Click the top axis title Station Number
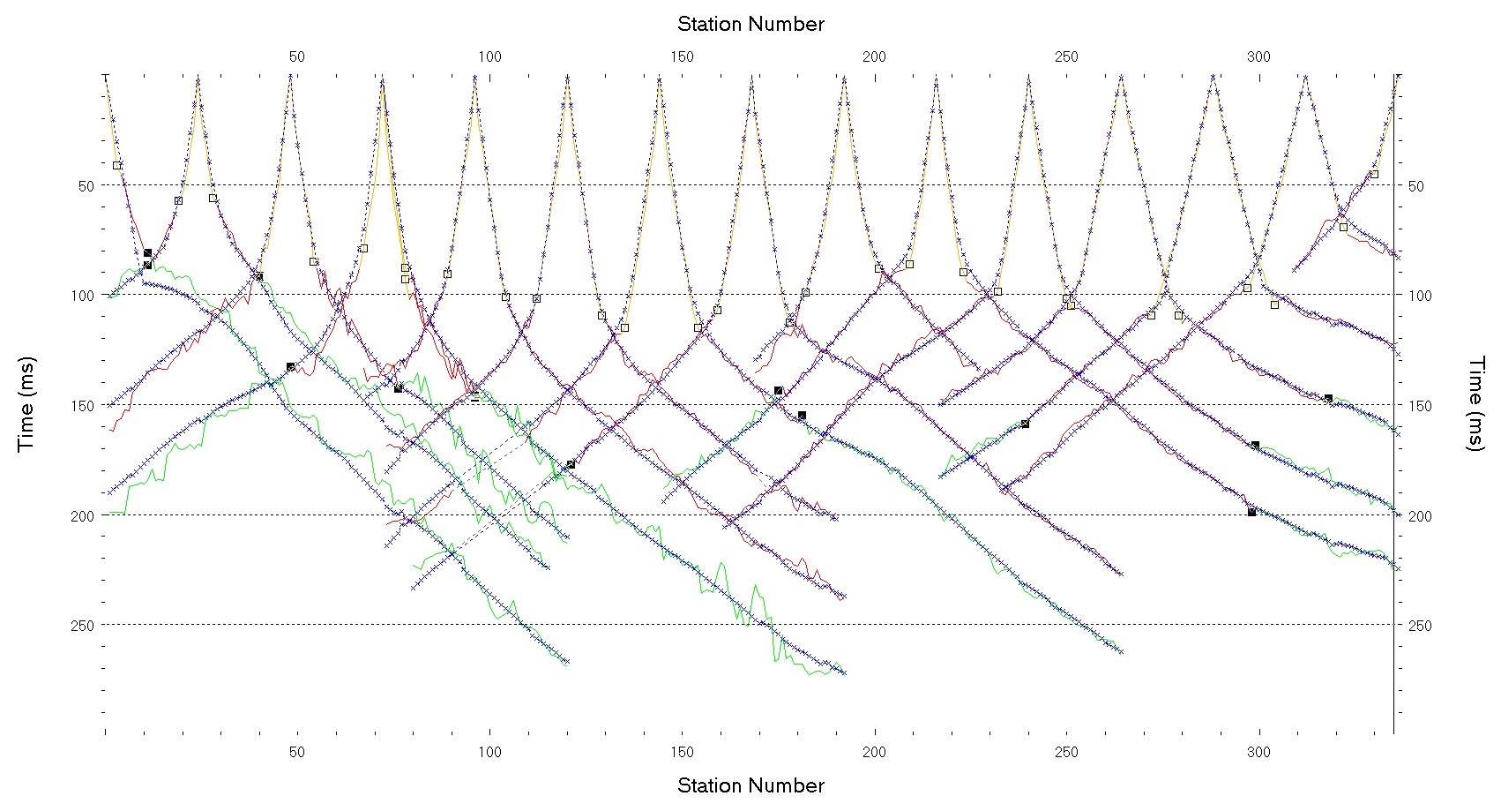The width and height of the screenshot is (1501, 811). pyautogui.click(x=750, y=24)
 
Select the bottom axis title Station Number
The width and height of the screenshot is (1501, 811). pyautogui.click(x=750, y=785)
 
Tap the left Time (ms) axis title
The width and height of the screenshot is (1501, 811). pyautogui.click(x=26, y=404)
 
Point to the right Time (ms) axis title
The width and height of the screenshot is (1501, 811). pyautogui.click(x=1475, y=404)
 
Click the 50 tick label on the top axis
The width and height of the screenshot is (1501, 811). pyautogui.click(x=297, y=56)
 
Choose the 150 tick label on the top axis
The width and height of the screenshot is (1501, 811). pyautogui.click(x=682, y=56)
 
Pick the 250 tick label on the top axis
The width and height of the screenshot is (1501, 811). pyautogui.click(x=1066, y=56)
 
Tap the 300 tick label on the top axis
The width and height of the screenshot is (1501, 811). pyautogui.click(x=1258, y=56)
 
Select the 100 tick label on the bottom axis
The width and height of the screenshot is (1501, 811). pyautogui.click(x=489, y=752)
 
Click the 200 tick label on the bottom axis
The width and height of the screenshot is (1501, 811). pyautogui.click(x=874, y=752)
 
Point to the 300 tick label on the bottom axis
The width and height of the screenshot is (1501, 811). pyautogui.click(x=1258, y=752)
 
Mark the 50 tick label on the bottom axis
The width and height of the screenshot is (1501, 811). pyautogui.click(x=297, y=752)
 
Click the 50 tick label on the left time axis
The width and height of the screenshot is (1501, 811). pyautogui.click(x=86, y=186)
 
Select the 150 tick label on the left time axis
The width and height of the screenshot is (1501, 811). pyautogui.click(x=82, y=406)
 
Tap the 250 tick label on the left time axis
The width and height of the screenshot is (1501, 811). pyautogui.click(x=82, y=626)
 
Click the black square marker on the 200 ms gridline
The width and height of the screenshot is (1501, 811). pyautogui.click(x=1251, y=512)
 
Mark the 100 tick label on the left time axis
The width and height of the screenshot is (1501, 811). pyautogui.click(x=82, y=296)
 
